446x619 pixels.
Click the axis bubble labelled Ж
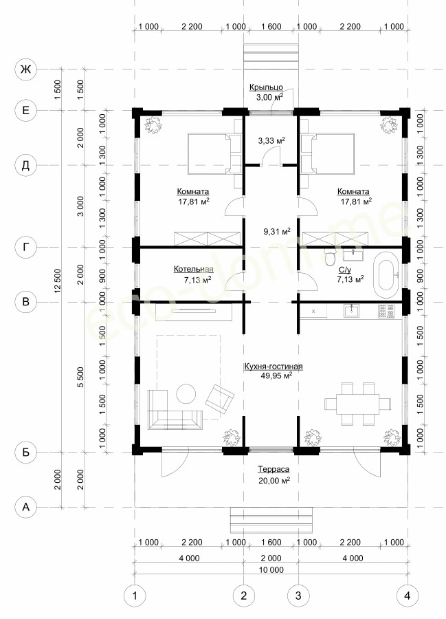click(25, 69)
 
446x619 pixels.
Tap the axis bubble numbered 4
click(407, 595)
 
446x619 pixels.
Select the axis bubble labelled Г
click(25, 248)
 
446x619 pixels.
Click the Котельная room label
click(194, 269)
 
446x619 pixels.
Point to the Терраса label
click(274, 469)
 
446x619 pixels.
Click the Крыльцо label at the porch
click(266, 87)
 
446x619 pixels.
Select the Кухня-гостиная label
click(274, 367)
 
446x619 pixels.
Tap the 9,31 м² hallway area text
click(277, 231)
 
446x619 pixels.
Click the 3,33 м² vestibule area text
click(271, 140)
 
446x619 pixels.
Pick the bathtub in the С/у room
click(386, 274)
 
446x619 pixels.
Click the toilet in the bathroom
click(330, 257)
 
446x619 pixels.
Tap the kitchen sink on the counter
click(351, 311)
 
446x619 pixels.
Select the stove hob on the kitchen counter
click(386, 311)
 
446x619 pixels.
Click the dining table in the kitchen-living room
click(357, 404)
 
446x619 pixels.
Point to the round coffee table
click(186, 393)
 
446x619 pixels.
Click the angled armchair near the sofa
click(220, 398)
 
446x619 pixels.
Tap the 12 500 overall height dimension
click(58, 281)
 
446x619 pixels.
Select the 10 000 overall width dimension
click(271, 570)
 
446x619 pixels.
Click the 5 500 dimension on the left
click(81, 377)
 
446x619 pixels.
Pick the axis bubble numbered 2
click(244, 595)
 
